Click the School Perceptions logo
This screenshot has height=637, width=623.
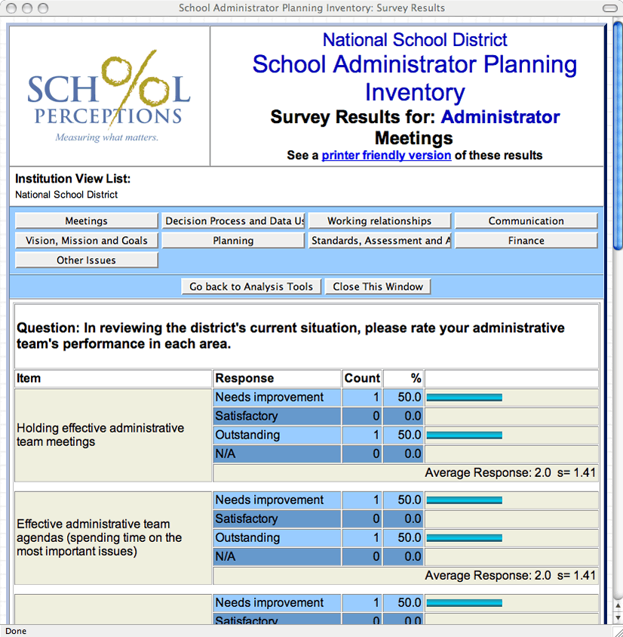[x=109, y=97]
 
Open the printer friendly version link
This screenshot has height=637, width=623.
[x=386, y=155]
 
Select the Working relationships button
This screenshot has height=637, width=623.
[x=379, y=221]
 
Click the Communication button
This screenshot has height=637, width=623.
[x=526, y=221]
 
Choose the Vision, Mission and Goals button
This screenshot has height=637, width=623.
[x=87, y=241]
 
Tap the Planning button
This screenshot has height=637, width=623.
[x=233, y=241]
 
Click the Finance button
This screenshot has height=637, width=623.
[x=526, y=241]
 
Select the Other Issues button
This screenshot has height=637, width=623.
[x=87, y=260]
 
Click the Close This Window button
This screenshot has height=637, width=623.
[x=378, y=287]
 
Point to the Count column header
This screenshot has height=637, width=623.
[x=362, y=378]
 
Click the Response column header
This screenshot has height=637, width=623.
[x=244, y=378]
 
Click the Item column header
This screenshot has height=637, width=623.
[x=29, y=378]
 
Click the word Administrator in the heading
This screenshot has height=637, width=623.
[x=500, y=117]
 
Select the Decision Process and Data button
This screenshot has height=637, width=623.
[x=233, y=221]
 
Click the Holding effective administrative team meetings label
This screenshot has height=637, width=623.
[x=100, y=435]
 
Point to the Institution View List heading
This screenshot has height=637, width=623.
[x=72, y=179]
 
